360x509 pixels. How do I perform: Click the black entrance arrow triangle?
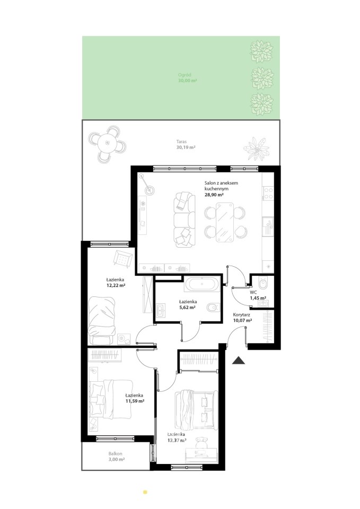pos(238,361)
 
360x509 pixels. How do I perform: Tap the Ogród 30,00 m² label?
pos(187,77)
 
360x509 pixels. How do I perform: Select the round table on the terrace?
pos(107,143)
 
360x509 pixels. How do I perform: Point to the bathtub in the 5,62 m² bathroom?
pos(202,285)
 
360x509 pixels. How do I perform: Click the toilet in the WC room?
pos(265,283)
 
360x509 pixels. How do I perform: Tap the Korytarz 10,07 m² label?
pos(242,318)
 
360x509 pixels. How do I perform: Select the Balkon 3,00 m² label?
pos(115,457)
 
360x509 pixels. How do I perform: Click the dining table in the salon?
pos(225,222)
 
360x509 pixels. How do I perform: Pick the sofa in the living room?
pos(185,220)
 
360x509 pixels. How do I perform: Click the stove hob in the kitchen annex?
pos(268,194)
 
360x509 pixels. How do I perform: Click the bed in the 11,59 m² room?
pos(111,399)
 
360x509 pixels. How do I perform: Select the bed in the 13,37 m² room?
pos(196,409)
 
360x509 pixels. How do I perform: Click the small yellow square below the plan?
pos(145,492)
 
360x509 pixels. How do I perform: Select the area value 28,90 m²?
pos(214,195)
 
